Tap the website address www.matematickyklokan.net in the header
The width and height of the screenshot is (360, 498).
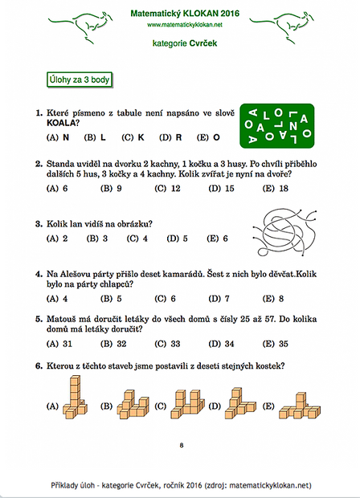pos(185,25)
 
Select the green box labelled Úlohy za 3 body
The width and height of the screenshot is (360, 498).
pos(80,80)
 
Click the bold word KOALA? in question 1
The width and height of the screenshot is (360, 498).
pos(63,123)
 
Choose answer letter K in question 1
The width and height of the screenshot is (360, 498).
pos(141,137)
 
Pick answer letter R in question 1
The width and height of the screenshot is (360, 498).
pos(178,137)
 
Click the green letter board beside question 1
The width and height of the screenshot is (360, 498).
pos(277,126)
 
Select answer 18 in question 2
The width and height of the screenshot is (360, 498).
pos(284,189)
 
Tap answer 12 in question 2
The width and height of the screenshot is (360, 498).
pos(175,189)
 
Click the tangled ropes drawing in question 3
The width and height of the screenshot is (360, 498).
pos(284,232)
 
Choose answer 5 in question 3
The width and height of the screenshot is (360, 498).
pos(185,239)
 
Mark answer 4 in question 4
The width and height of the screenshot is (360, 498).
pos(65,299)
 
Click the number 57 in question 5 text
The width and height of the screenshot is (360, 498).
pos(270,319)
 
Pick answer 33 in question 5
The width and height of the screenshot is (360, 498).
pos(175,344)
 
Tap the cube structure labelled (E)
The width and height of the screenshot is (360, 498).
pos(300,406)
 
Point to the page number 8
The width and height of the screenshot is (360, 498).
pos(182,445)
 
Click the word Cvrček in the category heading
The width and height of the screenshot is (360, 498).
pos(202,43)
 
